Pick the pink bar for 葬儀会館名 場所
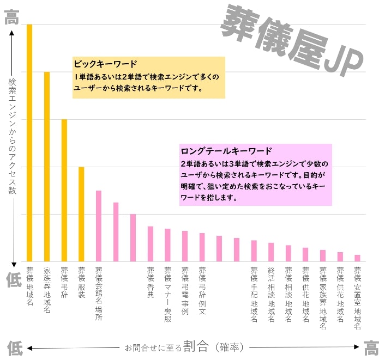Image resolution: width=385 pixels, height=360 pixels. [99, 226]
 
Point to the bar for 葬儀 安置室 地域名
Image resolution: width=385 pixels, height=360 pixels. [357, 258]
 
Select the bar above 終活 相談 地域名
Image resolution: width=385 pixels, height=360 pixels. [271, 252]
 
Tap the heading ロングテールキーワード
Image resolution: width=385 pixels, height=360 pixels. [226, 150]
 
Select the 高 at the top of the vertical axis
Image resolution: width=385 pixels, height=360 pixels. [11, 19]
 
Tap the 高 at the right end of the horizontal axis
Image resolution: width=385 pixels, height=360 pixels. [371, 347]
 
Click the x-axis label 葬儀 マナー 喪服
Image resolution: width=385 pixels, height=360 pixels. [167, 294]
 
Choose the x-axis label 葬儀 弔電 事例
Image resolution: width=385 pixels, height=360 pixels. [185, 291]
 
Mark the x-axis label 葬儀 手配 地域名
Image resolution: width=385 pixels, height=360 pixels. [254, 294]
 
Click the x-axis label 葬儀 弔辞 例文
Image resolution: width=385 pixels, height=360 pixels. [202, 291]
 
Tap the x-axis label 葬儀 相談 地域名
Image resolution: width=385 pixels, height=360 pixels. [288, 294]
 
